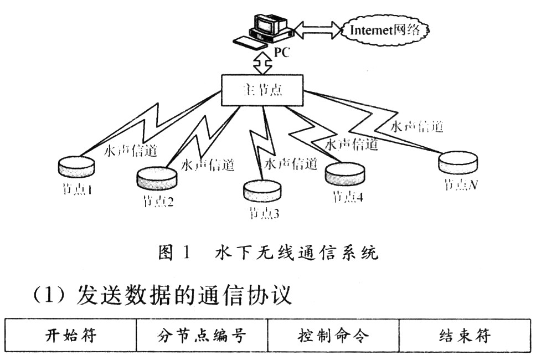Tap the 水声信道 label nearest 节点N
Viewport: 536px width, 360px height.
click(417, 126)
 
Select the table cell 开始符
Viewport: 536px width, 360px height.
click(70, 336)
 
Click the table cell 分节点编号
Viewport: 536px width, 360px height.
click(203, 336)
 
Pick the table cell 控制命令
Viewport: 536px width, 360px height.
click(333, 336)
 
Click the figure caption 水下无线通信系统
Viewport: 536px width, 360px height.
click(297, 254)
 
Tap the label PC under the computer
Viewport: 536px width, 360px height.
click(282, 54)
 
